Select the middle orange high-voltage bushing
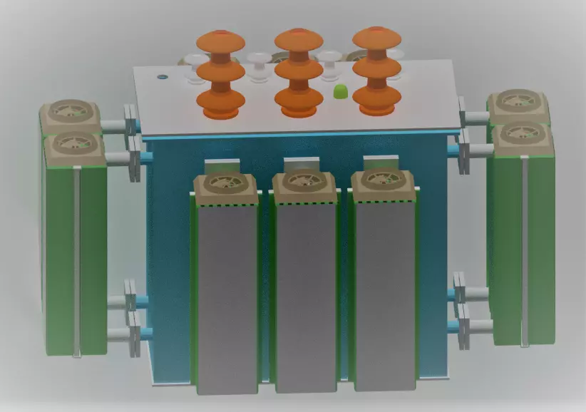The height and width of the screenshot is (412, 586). tap(298, 71)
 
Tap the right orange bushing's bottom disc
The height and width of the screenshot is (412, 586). tap(376, 103)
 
